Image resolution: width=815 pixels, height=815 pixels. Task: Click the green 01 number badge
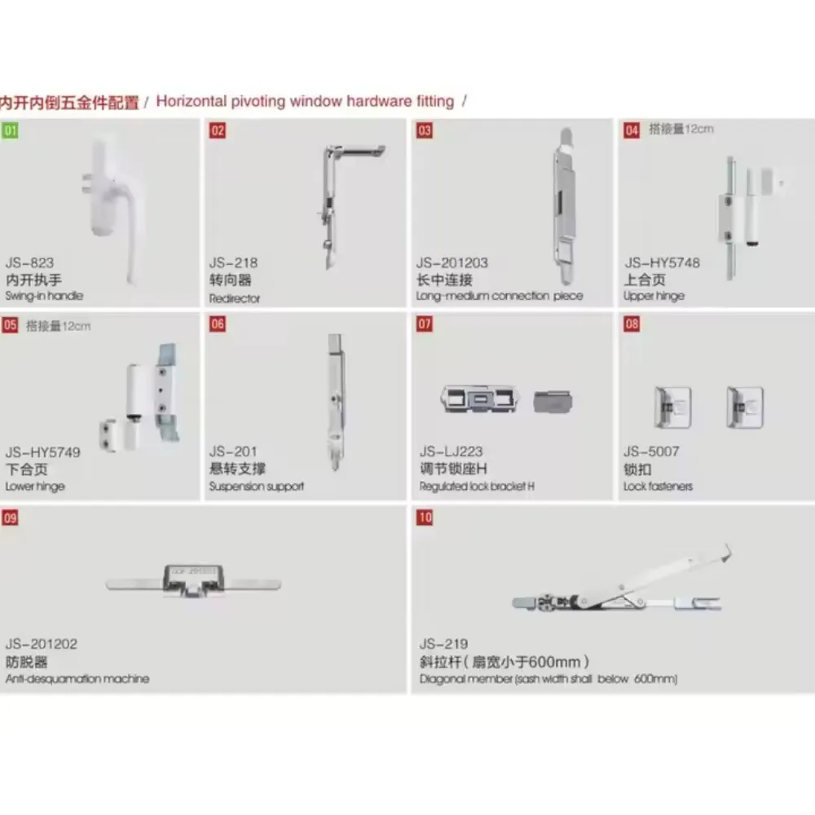(10, 130)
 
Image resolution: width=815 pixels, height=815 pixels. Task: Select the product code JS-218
(233, 262)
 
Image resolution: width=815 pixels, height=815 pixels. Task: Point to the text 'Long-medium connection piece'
(499, 296)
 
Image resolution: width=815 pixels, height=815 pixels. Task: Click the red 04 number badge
(632, 130)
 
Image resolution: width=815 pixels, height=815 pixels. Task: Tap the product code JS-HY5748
(662, 262)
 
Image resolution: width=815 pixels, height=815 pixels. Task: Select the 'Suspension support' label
(256, 487)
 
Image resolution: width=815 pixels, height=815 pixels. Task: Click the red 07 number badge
(424, 324)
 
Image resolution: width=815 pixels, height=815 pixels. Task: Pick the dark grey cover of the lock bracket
(553, 401)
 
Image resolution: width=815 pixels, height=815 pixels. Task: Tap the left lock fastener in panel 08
(672, 407)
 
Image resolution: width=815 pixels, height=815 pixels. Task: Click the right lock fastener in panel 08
(745, 407)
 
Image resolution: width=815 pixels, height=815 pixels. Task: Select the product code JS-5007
(651, 452)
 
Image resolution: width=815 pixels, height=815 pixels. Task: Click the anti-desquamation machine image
(193, 580)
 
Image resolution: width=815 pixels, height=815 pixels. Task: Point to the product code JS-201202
(42, 644)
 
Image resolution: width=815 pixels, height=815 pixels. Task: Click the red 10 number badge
(424, 518)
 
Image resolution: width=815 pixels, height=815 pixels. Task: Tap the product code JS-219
(444, 644)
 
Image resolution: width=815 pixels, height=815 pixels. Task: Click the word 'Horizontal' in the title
(192, 101)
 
